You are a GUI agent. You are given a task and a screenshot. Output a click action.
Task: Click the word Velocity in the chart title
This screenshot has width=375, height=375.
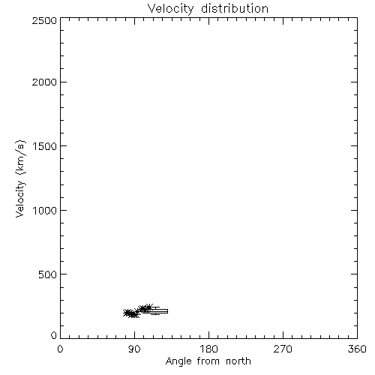point(170,9)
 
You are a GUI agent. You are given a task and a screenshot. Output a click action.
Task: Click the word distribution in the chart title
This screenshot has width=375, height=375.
point(235,8)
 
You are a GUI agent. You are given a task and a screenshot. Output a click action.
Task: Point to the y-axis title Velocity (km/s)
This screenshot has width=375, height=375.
point(20,178)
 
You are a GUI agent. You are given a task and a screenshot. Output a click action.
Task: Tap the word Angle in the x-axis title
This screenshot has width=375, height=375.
point(178,361)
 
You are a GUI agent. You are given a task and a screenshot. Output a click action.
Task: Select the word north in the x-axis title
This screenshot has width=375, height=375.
point(238,361)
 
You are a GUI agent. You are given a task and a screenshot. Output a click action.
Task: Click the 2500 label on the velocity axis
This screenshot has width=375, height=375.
point(44,20)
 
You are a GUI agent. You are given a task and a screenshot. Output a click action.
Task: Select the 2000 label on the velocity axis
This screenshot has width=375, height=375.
point(44,82)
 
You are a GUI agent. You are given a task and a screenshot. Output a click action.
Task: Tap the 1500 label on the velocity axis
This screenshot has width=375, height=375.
point(45,146)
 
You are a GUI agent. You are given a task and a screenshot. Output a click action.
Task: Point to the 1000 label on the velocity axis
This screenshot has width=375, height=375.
point(45,210)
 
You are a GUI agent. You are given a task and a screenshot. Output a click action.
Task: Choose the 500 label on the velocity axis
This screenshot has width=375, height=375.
point(48,274)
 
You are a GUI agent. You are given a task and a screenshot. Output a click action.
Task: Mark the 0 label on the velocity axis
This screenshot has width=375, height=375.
point(54,335)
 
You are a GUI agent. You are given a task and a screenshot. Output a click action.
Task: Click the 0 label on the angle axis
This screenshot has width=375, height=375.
point(60,349)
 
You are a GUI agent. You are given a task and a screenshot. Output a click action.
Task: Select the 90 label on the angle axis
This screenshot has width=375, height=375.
point(134,349)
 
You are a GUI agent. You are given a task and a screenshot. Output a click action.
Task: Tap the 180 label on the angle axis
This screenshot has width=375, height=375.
point(208,349)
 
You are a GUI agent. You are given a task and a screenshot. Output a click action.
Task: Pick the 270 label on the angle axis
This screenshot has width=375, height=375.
point(283,349)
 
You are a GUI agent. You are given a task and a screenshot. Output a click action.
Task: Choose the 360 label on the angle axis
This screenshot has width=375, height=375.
point(357,349)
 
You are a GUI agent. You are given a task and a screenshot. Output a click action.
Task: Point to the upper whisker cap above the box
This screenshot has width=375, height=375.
point(155,307)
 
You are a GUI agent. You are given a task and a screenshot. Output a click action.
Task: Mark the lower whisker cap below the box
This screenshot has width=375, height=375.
point(155,314)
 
